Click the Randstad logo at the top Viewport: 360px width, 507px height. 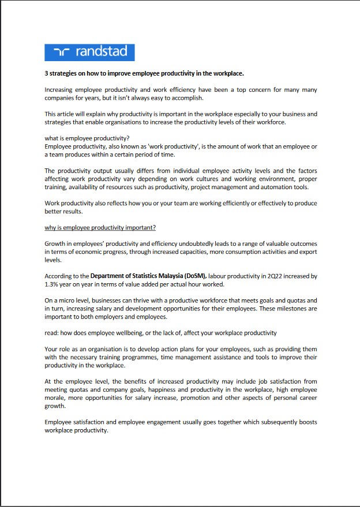tap(89, 52)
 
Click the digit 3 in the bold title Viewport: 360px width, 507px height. tap(47, 74)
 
